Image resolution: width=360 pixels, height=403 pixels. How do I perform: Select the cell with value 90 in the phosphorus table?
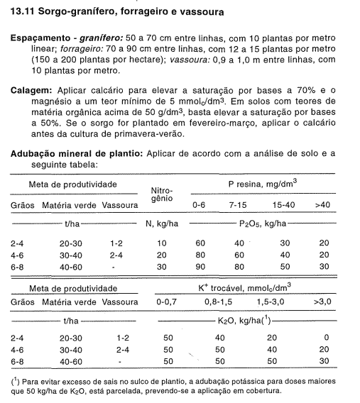point(200,266)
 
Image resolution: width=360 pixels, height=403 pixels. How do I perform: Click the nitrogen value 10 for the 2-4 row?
point(161,243)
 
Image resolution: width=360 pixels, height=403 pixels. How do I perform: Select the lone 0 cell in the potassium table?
point(325,338)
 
